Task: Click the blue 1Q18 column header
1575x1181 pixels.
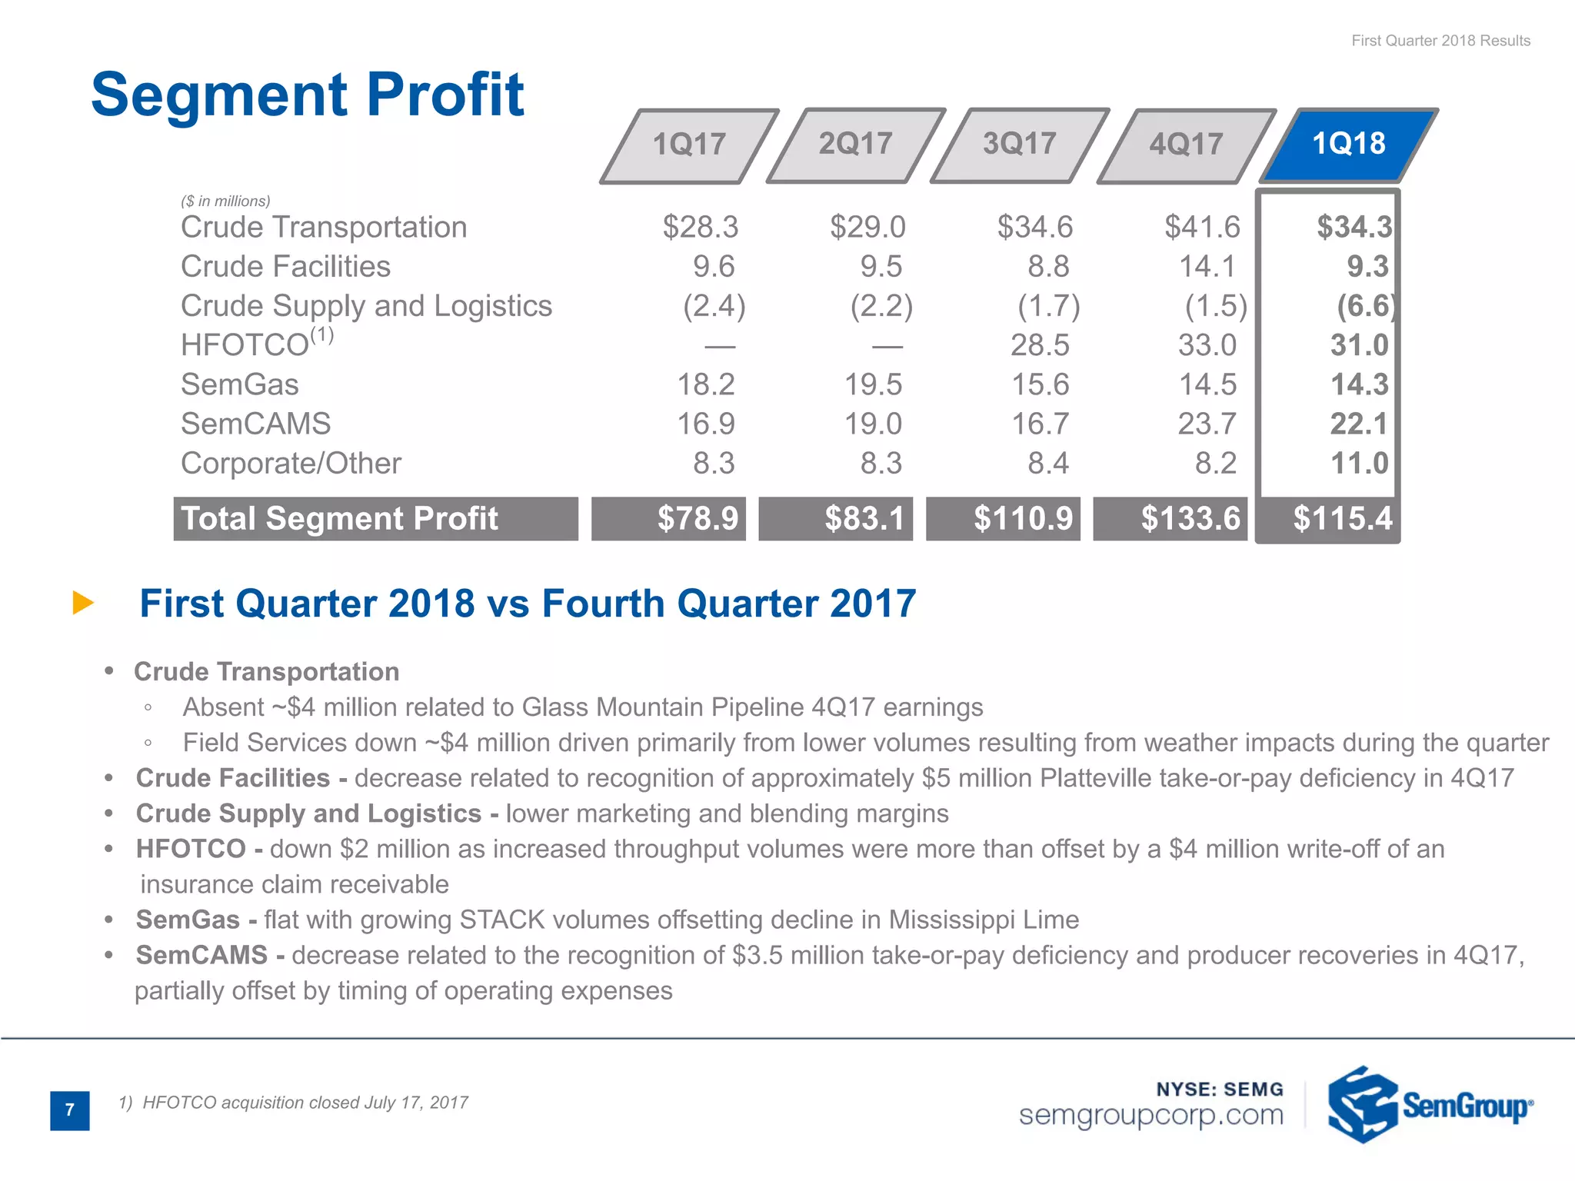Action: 1349,145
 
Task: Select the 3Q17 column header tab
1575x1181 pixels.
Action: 1020,145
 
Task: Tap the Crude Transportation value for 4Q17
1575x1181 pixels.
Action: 1202,227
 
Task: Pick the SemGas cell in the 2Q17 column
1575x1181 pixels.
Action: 874,384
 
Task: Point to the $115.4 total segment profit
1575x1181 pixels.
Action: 1342,518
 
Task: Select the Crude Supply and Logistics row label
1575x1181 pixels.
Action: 366,306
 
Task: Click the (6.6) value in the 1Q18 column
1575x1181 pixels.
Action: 1364,306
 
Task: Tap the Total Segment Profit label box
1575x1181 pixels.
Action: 375,519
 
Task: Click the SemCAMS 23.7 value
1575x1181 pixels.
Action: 1207,424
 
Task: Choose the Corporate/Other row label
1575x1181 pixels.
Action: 291,464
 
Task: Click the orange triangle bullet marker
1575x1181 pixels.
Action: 82,603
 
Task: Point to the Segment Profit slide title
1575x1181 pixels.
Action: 308,95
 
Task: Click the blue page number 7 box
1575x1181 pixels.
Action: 70,1110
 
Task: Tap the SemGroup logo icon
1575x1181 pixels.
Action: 1362,1104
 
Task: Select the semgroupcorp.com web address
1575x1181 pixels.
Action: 1150,1115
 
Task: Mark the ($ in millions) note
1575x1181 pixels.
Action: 225,201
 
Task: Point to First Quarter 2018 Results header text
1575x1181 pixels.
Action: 1440,41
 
